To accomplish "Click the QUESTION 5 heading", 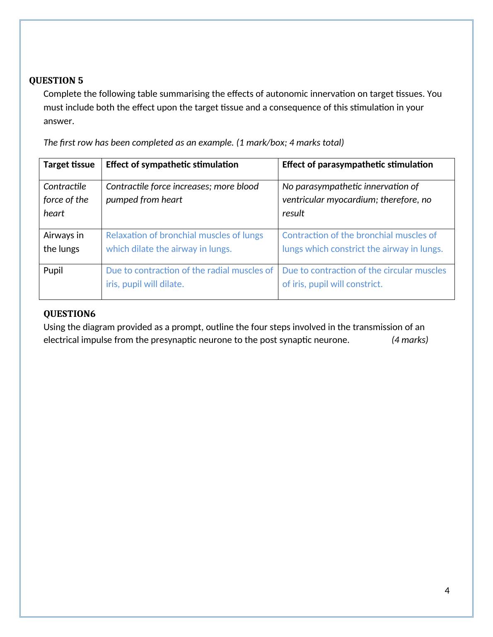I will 56,81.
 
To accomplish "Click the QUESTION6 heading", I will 69,314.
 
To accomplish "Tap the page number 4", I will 447,590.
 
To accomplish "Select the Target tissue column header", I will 69,165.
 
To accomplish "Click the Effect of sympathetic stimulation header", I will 172,165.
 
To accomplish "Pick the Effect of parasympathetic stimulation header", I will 357,165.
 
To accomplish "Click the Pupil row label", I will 53,271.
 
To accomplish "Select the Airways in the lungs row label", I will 63,242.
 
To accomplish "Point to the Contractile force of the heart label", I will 66,200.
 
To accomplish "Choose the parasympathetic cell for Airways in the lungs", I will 362,242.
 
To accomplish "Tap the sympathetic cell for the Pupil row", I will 189,277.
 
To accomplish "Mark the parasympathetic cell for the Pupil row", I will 364,277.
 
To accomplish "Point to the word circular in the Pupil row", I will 398,271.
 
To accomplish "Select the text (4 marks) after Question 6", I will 410,340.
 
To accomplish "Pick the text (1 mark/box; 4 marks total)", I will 290,143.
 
